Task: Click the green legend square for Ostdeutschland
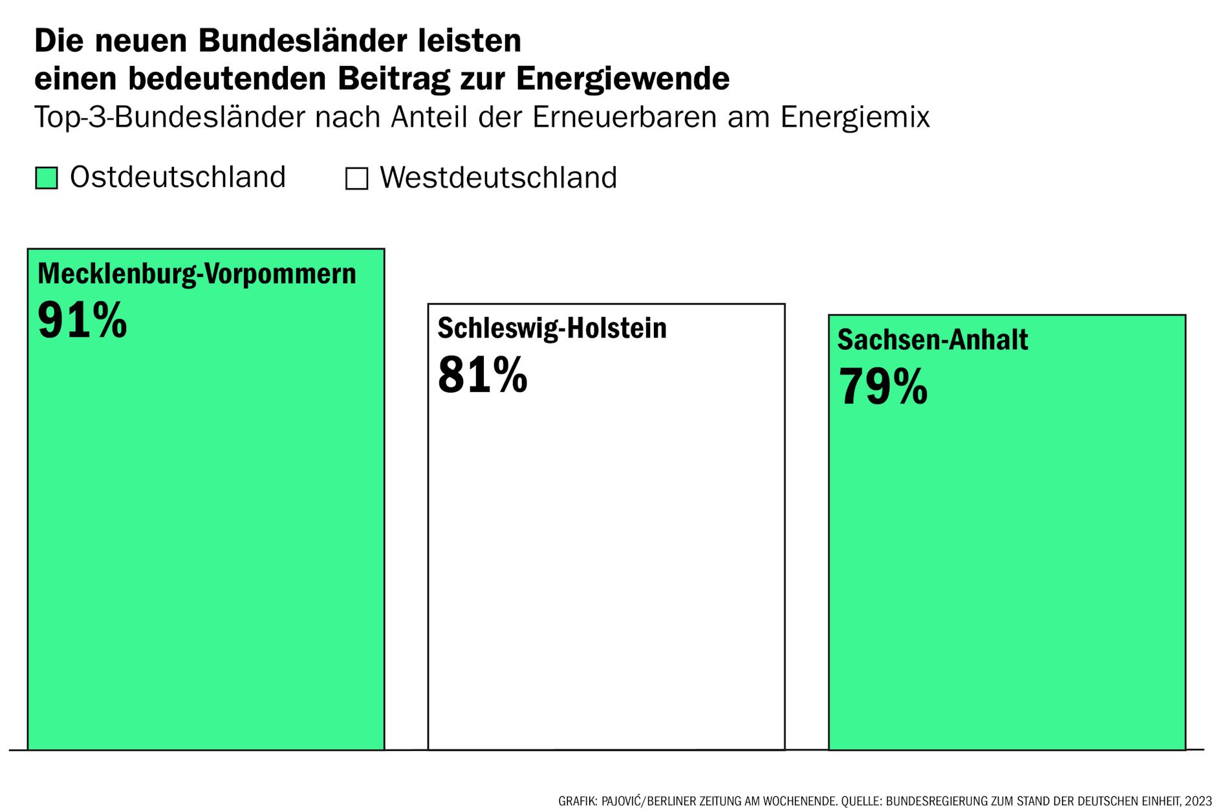click(46, 178)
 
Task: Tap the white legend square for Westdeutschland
click(356, 178)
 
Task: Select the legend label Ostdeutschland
click(177, 177)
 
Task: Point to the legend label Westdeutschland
click(498, 178)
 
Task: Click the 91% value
click(82, 320)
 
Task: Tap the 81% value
click(483, 374)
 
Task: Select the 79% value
click(882, 386)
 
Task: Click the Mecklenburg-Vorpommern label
click(197, 274)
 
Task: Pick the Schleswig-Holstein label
click(552, 329)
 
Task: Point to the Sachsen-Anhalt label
click(932, 340)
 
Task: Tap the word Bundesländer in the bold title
click(303, 41)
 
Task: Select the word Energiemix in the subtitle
click(854, 118)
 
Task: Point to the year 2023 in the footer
click(1199, 801)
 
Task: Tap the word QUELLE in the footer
click(861, 801)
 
